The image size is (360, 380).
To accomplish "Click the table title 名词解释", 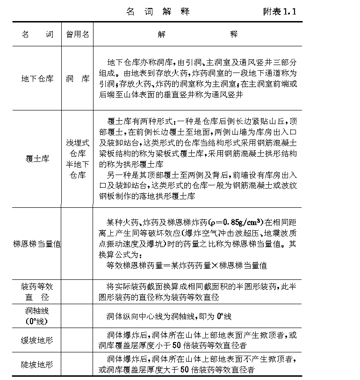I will pyautogui.click(x=158, y=12).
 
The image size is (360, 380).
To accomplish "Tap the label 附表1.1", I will pyautogui.click(x=280, y=12).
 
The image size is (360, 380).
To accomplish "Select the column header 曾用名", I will pyautogui.click(x=77, y=34).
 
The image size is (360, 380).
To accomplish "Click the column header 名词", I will pyautogui.click(x=37, y=34).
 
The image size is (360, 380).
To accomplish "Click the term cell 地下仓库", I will pyautogui.click(x=37, y=79).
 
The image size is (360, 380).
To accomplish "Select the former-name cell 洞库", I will pyautogui.click(x=77, y=79).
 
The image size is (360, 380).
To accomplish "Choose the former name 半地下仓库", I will pyautogui.click(x=77, y=170).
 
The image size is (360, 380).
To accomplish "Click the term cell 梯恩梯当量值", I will pyautogui.click(x=37, y=244).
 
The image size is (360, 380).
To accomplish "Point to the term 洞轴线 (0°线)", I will pyautogui.click(x=37, y=316).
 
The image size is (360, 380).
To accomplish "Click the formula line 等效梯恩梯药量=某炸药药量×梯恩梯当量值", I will pyautogui.click(x=187, y=265).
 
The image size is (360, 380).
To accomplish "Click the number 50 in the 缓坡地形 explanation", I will pyautogui.click(x=183, y=345).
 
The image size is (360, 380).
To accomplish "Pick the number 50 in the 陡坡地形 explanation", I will pyautogui.click(x=185, y=370).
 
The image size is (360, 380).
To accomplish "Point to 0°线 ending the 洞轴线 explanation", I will pyautogui.click(x=223, y=316).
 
